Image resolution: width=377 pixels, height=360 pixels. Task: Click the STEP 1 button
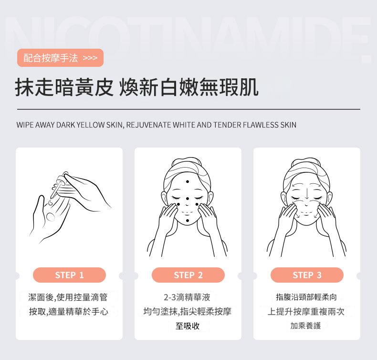coord(69,275)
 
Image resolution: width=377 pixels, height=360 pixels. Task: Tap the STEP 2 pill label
coord(188,275)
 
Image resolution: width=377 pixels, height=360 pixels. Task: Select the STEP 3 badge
coord(307,275)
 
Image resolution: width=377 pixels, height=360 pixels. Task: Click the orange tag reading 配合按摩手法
coord(60,58)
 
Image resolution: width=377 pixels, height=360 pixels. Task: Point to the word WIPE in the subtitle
coord(25,125)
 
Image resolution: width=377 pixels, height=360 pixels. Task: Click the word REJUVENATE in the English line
coord(148,125)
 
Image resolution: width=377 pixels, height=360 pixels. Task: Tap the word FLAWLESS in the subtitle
coord(261,125)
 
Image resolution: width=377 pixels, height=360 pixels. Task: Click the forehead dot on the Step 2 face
coord(188,181)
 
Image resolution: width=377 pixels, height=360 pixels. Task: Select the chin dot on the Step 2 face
coord(188,221)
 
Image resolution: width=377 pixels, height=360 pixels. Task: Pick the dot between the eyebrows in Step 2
coord(187,199)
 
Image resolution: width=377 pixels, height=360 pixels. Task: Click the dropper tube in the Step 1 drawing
coord(55,190)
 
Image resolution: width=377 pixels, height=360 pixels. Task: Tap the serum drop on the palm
coord(51,217)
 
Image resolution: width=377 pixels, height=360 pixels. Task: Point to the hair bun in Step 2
coord(187,162)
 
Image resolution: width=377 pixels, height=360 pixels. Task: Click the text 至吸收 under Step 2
coord(188,326)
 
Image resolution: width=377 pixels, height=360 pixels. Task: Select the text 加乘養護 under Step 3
coord(305,326)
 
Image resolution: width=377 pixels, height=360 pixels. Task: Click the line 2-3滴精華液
coord(187,297)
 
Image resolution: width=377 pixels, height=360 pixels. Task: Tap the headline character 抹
coord(24,87)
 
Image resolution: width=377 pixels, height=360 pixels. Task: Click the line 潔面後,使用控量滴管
coord(68,297)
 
